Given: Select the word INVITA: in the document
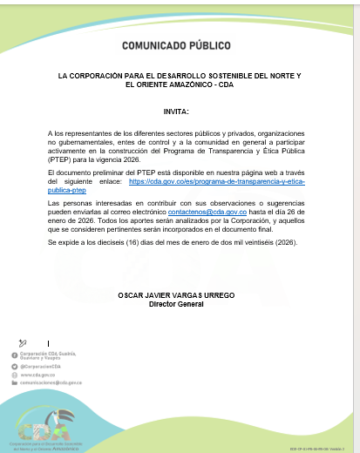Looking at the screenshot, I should pyautogui.click(x=180, y=112).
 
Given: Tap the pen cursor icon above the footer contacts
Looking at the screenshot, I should pyautogui.click(x=24, y=342).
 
